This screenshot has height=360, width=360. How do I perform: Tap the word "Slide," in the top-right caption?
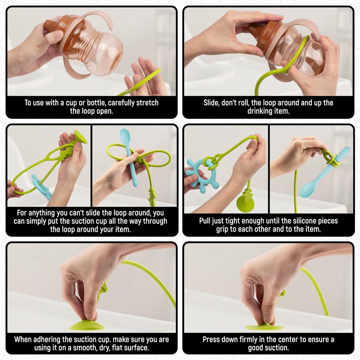pyautogui.click(x=213, y=103)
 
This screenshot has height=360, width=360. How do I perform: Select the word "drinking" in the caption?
pyautogui.click(x=260, y=111)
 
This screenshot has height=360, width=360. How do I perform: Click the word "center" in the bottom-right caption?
pyautogui.click(x=295, y=339)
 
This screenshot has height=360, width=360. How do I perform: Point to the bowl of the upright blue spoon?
pyautogui.click(x=125, y=135)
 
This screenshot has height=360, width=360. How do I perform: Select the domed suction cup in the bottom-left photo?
pyautogui.click(x=89, y=324)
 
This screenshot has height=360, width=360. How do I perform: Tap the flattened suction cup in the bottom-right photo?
pyautogui.click(x=265, y=327)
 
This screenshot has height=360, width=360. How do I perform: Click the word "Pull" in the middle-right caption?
pyautogui.click(x=207, y=221)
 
